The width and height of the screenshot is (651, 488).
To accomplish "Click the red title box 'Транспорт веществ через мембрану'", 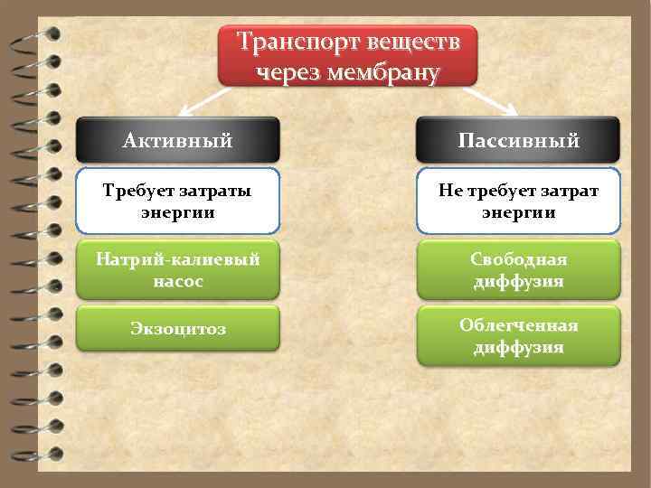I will click(x=348, y=56).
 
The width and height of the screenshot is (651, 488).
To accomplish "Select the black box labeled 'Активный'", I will click(x=178, y=140).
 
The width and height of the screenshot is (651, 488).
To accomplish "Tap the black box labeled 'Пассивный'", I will click(x=518, y=140).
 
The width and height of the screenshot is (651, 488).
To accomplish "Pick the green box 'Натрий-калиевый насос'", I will click(x=178, y=269).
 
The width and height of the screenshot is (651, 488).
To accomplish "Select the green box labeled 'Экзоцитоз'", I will click(x=178, y=328).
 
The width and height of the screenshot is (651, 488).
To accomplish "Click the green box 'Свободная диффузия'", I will click(x=518, y=269).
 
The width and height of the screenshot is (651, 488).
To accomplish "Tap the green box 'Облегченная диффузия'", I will click(x=518, y=335).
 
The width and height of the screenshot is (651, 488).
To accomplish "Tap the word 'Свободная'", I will click(x=518, y=259).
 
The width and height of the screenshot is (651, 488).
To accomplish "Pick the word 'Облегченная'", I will click(x=518, y=325).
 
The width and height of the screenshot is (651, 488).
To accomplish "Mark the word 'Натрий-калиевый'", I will click(x=178, y=259).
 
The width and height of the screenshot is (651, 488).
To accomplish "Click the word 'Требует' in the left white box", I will click(x=137, y=191).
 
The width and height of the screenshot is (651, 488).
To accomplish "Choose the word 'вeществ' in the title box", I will click(x=411, y=42).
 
